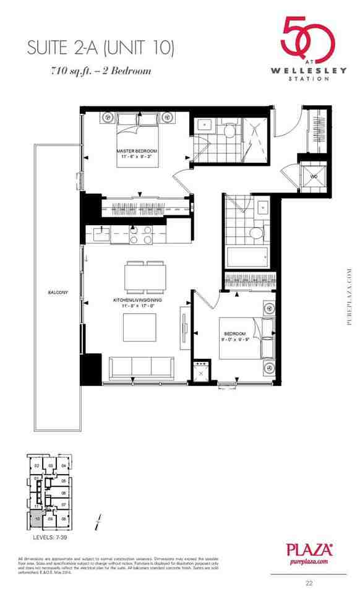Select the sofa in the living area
(145, 369)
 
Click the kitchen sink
(101, 234)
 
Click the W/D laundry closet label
(314, 175)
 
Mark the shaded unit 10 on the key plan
(38, 518)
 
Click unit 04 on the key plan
(63, 465)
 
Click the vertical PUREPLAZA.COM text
(349, 300)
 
